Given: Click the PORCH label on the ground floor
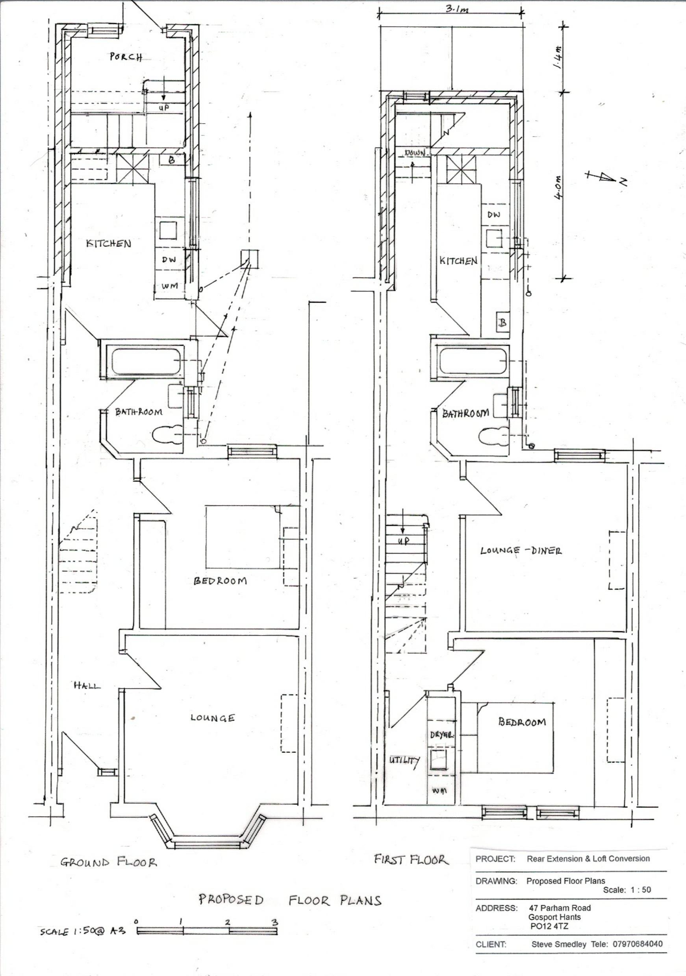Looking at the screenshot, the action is (126, 57).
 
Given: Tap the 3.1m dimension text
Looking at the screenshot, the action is (457, 9).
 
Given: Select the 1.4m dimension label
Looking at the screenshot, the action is (558, 57).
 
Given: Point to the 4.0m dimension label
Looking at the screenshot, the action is (558, 187).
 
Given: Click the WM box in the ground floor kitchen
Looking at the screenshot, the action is (169, 287).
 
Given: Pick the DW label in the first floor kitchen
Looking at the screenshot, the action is (494, 214).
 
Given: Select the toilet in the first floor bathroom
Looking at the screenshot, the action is (493, 436).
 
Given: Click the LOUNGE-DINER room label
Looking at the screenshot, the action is (521, 551).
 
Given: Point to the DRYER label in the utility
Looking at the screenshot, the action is (441, 734).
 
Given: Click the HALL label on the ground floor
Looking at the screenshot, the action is (87, 685).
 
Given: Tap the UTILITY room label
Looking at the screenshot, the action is (404, 760).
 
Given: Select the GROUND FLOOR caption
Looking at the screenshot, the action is (108, 862).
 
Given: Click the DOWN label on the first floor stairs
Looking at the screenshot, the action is (415, 153).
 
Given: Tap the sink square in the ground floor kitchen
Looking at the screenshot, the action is (169, 230).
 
